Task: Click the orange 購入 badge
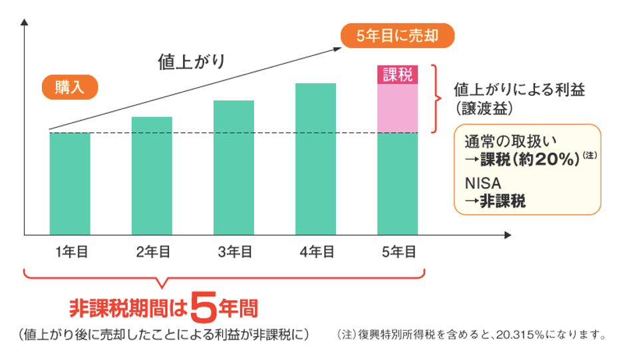click(x=70, y=88)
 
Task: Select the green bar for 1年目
click(x=70, y=184)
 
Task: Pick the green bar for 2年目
click(x=152, y=176)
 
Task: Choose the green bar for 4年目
click(x=315, y=159)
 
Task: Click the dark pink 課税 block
click(x=397, y=75)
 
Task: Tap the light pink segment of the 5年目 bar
click(x=397, y=108)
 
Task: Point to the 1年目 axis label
click(x=70, y=252)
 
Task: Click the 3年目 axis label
click(x=233, y=252)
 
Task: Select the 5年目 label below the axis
click(x=397, y=252)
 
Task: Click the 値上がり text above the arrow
click(x=192, y=63)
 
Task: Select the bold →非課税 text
click(x=496, y=200)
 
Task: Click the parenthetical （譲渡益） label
click(x=484, y=106)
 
